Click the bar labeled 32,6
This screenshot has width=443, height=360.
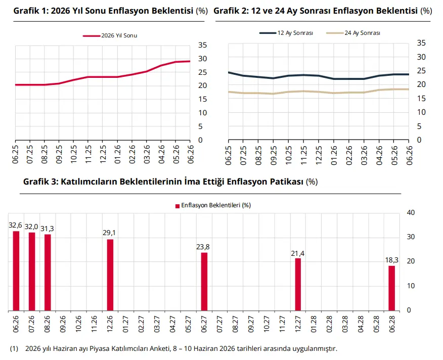[16, 271]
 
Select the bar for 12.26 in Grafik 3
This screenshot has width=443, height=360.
[110, 275]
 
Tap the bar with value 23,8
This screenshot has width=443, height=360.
[204, 282]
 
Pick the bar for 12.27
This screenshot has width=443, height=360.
[298, 285]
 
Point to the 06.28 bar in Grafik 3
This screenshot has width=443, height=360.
[391, 288]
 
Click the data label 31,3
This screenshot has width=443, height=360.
[47, 229]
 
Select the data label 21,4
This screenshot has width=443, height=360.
[298, 253]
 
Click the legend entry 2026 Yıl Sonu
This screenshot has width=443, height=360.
[110, 35]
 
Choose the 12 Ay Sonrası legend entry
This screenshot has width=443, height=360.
[286, 33]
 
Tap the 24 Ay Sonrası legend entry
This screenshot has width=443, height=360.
[353, 33]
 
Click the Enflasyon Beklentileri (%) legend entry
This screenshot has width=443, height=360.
[213, 205]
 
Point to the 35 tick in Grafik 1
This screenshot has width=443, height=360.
[203, 45]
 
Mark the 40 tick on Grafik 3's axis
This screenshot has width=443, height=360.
[411, 212]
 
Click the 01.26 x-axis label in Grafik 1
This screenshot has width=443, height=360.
[117, 154]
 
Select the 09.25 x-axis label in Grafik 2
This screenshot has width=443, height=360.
[274, 155]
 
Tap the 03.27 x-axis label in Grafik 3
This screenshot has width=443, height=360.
[157, 324]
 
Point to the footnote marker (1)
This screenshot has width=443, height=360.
[14, 349]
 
